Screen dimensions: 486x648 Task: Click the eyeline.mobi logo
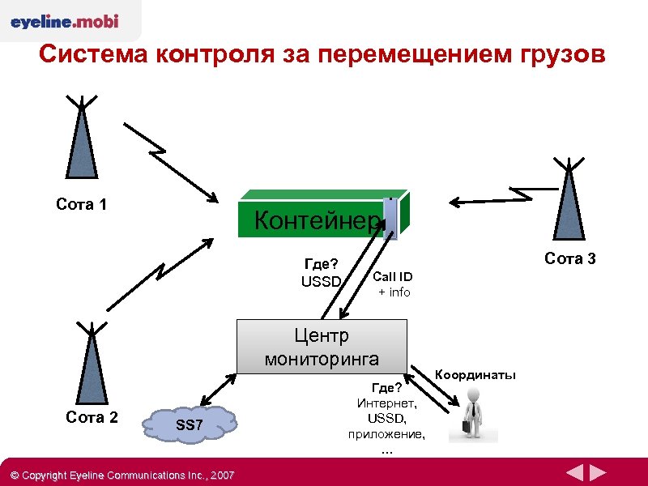pyautogui.click(x=65, y=22)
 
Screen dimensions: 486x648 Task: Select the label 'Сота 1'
pyautogui.click(x=81, y=204)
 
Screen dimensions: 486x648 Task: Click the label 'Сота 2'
pyautogui.click(x=92, y=417)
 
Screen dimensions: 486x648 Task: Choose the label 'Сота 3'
pyautogui.click(x=570, y=259)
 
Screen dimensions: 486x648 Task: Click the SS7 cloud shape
pyautogui.click(x=192, y=426)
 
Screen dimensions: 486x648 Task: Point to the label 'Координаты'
pyautogui.click(x=475, y=374)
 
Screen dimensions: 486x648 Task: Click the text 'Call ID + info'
pyautogui.click(x=393, y=284)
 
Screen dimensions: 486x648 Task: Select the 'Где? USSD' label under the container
pyautogui.click(x=321, y=273)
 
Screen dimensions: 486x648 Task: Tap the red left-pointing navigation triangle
pyautogui.click(x=574, y=473)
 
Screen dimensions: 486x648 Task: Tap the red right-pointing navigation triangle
pyautogui.click(x=599, y=473)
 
